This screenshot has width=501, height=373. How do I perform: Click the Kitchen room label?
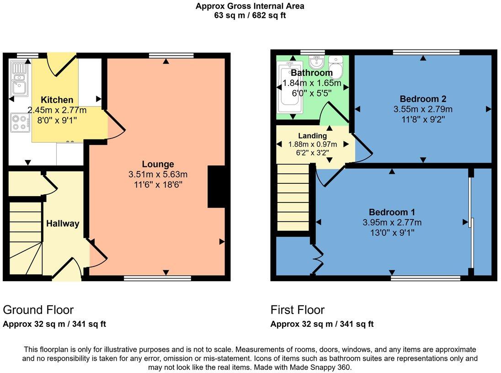(x=57, y=100)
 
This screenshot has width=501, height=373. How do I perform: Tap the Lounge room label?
(x=158, y=164)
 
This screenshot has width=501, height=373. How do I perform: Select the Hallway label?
(x=63, y=224)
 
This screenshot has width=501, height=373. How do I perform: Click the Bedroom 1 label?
(x=392, y=212)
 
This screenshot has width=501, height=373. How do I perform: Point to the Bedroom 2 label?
(x=423, y=99)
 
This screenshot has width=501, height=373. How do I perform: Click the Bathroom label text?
(x=312, y=73)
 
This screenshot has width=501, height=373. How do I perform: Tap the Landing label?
(x=312, y=136)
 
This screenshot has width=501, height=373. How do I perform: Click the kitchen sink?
(x=19, y=80)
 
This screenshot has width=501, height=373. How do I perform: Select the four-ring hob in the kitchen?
(x=19, y=122)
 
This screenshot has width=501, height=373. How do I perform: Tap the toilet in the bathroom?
(x=337, y=67)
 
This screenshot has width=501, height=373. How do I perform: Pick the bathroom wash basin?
(x=316, y=61)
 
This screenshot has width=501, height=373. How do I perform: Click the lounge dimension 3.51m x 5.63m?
(x=158, y=174)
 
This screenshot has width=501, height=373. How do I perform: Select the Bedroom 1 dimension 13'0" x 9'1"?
(x=392, y=232)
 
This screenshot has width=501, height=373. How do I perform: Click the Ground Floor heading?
(x=38, y=310)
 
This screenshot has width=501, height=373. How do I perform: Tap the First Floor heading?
(x=297, y=310)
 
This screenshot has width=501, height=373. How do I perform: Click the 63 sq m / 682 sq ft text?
(x=250, y=15)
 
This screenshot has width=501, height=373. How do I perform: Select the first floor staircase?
(x=293, y=197)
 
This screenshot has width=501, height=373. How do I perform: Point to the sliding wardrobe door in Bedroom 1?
(x=471, y=223)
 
